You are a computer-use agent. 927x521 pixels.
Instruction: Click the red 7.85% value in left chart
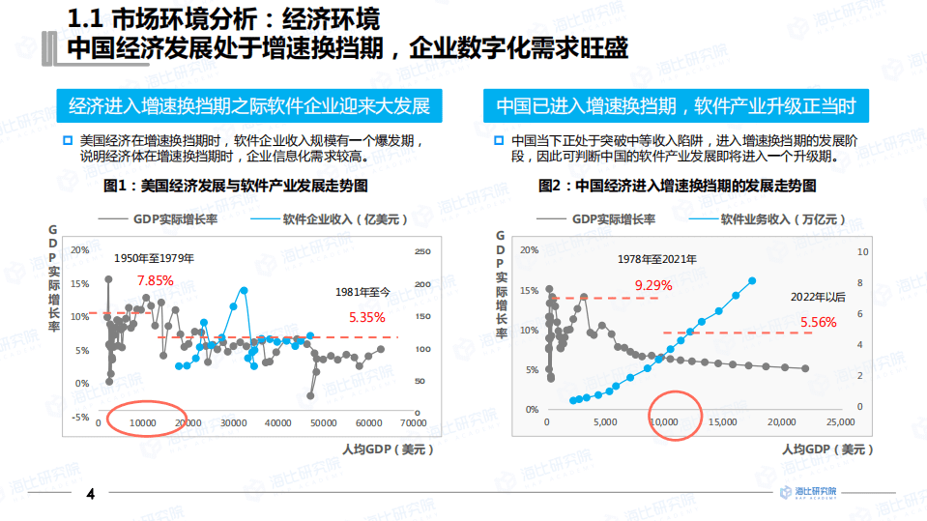click(155, 280)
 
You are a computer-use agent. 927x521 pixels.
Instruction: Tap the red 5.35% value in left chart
click(366, 316)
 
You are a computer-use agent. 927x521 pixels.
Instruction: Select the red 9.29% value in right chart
click(652, 285)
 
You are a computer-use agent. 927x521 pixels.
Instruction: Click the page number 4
click(90, 495)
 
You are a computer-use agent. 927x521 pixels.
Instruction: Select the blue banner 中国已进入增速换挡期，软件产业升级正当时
click(676, 105)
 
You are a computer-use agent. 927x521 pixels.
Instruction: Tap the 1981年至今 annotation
click(362, 291)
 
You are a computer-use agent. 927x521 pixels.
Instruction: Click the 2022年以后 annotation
click(818, 297)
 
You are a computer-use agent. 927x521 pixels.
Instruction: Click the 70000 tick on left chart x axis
click(413, 422)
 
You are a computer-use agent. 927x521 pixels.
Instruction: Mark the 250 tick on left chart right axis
click(421, 252)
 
